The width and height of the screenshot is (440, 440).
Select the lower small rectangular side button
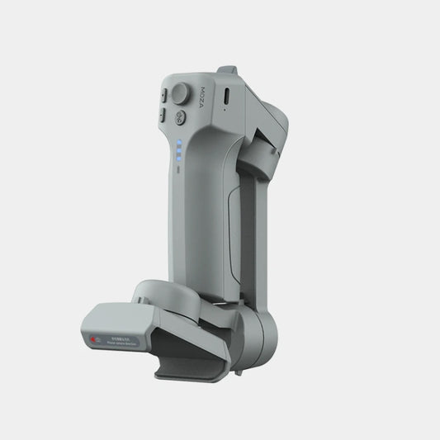164,117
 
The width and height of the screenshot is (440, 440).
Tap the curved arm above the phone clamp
173,297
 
